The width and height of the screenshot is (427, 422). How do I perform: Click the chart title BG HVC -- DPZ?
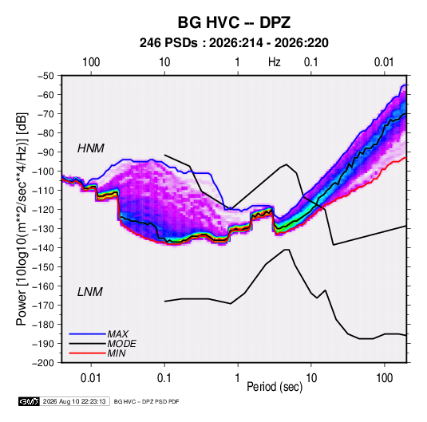[x=234, y=22]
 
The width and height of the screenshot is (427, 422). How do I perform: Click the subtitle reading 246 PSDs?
[x=168, y=43]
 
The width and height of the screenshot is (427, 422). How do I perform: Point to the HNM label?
[x=91, y=148]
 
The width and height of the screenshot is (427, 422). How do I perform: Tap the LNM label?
[x=90, y=292]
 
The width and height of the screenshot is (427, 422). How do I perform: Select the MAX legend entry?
[x=117, y=333]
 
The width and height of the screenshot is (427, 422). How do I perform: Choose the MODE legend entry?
[x=122, y=344]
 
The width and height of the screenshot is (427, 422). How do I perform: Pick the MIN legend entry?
[x=117, y=353]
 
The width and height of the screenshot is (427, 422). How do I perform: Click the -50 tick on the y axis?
[x=45, y=76]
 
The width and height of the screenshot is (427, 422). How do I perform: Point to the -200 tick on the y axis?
[x=43, y=363]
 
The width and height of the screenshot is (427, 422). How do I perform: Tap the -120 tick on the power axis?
[x=43, y=210]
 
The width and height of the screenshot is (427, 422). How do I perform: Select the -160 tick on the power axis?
[x=43, y=286]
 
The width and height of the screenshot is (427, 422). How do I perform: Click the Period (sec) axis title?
[x=275, y=387]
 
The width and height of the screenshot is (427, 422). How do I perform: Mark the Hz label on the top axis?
[x=275, y=62]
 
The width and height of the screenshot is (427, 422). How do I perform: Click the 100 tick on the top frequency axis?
[x=91, y=62]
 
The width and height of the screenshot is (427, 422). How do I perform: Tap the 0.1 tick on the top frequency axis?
[x=311, y=62]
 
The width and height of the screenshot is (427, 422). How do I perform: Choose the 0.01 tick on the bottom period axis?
[x=91, y=378]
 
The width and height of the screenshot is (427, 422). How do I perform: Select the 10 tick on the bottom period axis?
[x=311, y=378]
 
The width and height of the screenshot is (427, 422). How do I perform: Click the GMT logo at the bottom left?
[x=29, y=401]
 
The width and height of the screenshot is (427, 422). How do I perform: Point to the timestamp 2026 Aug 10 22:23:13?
[x=74, y=401]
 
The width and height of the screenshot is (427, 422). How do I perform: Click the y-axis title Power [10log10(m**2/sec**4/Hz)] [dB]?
[x=22, y=219]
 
